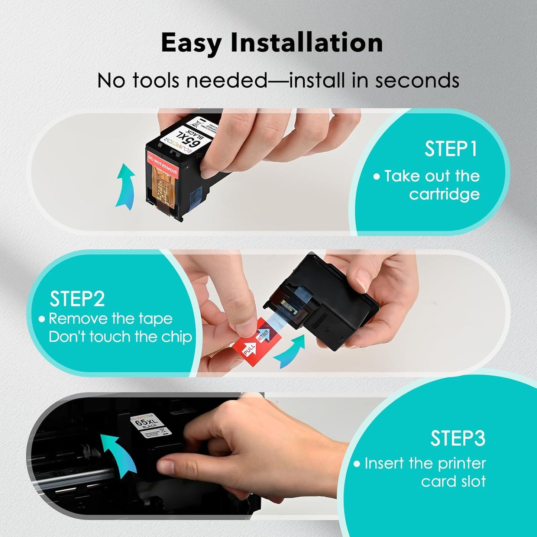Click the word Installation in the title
click(x=307, y=43)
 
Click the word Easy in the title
click(x=191, y=43)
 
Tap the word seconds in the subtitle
click(x=417, y=80)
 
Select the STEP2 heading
click(x=77, y=299)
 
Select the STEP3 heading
click(x=458, y=439)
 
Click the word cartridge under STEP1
click(x=444, y=194)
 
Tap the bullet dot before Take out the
click(x=376, y=177)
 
